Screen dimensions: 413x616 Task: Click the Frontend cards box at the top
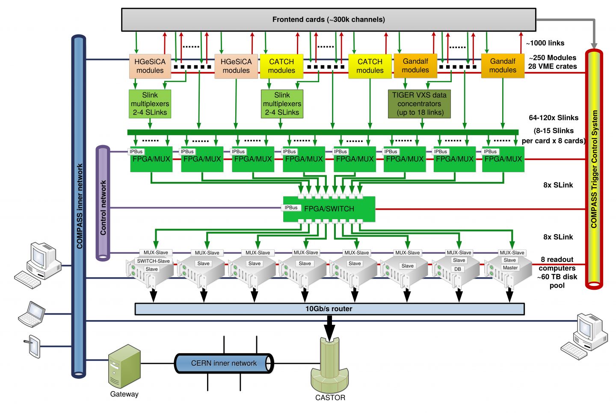pos(328,20)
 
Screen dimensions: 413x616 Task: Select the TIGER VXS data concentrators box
pos(419,104)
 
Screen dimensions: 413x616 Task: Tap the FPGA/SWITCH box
pos(329,209)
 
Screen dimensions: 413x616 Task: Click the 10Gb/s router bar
pos(329,309)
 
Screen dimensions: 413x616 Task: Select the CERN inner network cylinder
pos(224,363)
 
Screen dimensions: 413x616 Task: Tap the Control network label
pos(103,208)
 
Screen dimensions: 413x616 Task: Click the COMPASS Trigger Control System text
pos(594,169)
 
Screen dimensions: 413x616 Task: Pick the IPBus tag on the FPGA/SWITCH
pos(291,208)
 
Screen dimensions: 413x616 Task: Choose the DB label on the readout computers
pos(458,269)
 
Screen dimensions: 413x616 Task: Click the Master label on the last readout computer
pos(510,268)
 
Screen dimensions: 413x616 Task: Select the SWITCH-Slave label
pos(153,261)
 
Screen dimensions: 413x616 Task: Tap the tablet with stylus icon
pos(33,345)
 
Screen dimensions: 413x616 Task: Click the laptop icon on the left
pos(32,315)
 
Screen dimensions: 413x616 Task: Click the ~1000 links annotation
pos(545,43)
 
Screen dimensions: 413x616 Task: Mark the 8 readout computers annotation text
pos(557,272)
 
